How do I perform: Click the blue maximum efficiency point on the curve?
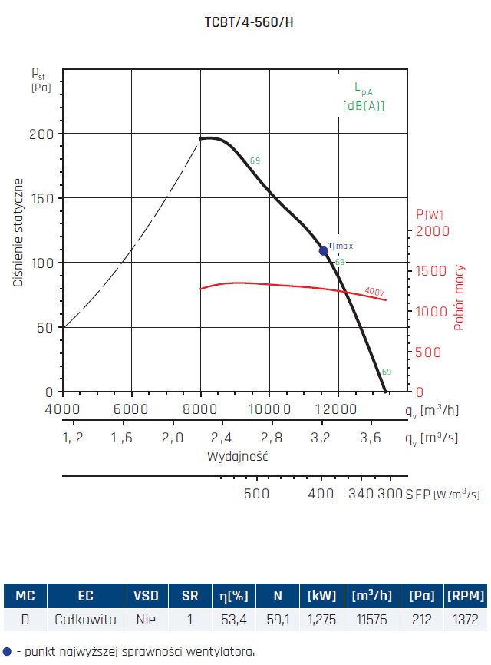324,251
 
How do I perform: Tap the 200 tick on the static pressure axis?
41,134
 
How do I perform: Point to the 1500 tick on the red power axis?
430,271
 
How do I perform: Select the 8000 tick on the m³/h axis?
200,408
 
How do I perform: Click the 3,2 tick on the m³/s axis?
321,438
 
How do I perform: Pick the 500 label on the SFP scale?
256,494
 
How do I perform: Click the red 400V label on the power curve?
374,292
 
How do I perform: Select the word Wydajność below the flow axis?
238,456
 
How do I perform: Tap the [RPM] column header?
465,595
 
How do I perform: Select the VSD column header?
146,595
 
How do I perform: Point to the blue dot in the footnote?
7,651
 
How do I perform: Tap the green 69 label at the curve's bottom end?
387,372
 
